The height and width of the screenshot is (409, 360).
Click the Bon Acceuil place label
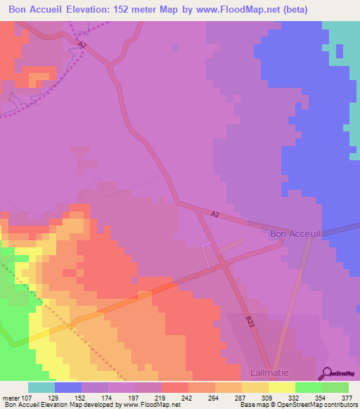coord(296,233)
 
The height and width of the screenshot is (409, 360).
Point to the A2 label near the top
coord(82,45)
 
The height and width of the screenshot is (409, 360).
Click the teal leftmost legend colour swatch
coord(41,387)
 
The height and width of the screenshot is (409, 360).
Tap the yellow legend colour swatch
coord(281,387)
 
